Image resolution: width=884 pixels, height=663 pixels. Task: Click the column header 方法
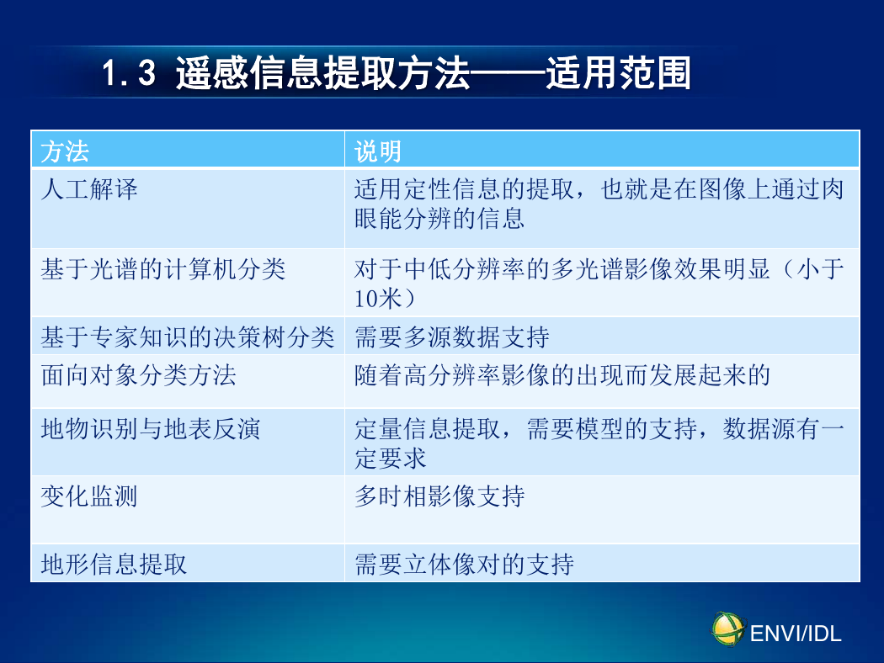click(65, 151)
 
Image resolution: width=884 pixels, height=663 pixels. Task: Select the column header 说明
click(378, 151)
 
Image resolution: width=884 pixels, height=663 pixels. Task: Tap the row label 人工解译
click(89, 189)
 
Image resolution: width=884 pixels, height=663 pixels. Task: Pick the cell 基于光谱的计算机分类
click(163, 269)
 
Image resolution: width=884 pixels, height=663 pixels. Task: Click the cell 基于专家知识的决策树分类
click(188, 337)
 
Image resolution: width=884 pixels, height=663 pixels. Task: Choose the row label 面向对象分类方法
click(139, 375)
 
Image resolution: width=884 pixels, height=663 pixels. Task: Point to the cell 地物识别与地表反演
click(151, 429)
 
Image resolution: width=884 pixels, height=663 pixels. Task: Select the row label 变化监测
click(89, 496)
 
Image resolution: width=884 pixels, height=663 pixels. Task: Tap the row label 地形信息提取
click(114, 564)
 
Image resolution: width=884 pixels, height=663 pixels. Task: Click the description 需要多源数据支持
click(451, 337)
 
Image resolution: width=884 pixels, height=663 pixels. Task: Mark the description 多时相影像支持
click(439, 496)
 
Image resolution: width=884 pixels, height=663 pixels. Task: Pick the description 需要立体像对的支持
click(464, 564)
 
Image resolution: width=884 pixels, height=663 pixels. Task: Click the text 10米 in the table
click(378, 299)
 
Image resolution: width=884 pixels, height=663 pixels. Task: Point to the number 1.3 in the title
click(129, 73)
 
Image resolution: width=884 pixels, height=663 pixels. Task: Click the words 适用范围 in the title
click(619, 73)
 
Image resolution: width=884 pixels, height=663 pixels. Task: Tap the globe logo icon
click(728, 629)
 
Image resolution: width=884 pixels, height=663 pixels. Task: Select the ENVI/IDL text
click(796, 634)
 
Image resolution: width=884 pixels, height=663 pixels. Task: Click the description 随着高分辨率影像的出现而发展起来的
click(562, 375)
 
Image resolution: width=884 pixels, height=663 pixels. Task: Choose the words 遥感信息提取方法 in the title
click(322, 73)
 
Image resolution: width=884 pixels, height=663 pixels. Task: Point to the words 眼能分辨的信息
click(439, 219)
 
